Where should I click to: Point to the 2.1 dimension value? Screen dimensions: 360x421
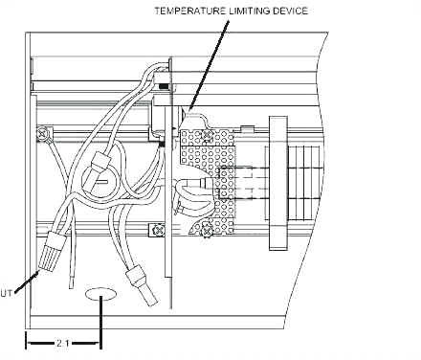[x=63, y=341]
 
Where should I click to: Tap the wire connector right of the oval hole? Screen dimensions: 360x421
[x=144, y=289]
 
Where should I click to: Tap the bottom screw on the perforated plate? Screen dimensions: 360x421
[x=208, y=229]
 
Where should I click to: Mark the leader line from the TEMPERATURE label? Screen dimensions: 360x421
[x=210, y=57]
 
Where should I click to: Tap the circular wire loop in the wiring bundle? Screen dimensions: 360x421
[x=98, y=180]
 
